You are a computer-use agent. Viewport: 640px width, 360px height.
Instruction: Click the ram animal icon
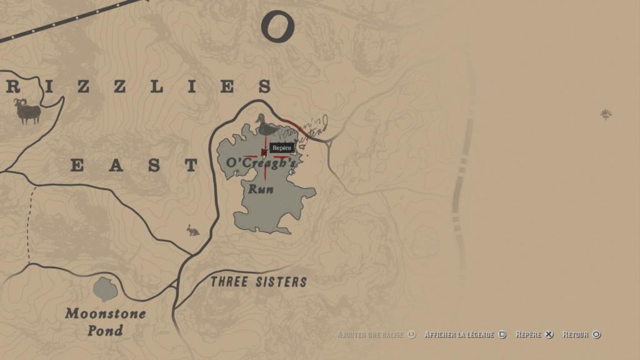pos(27,111)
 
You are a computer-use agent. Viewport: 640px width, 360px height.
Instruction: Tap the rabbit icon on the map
pos(193,231)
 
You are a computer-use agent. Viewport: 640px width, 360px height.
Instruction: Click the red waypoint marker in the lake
pos(264,152)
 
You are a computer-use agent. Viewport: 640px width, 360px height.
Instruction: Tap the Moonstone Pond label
pos(105,322)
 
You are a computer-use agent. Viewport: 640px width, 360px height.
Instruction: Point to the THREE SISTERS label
pos(259,282)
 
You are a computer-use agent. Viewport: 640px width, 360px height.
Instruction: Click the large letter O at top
pos(277,27)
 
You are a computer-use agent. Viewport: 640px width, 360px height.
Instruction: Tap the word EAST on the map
pos(134,166)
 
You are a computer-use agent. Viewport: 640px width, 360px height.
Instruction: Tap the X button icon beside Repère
pos(549,335)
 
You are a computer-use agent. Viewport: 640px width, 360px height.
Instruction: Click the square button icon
pos(502,335)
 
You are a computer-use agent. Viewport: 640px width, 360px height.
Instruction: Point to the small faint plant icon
pos(606,114)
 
